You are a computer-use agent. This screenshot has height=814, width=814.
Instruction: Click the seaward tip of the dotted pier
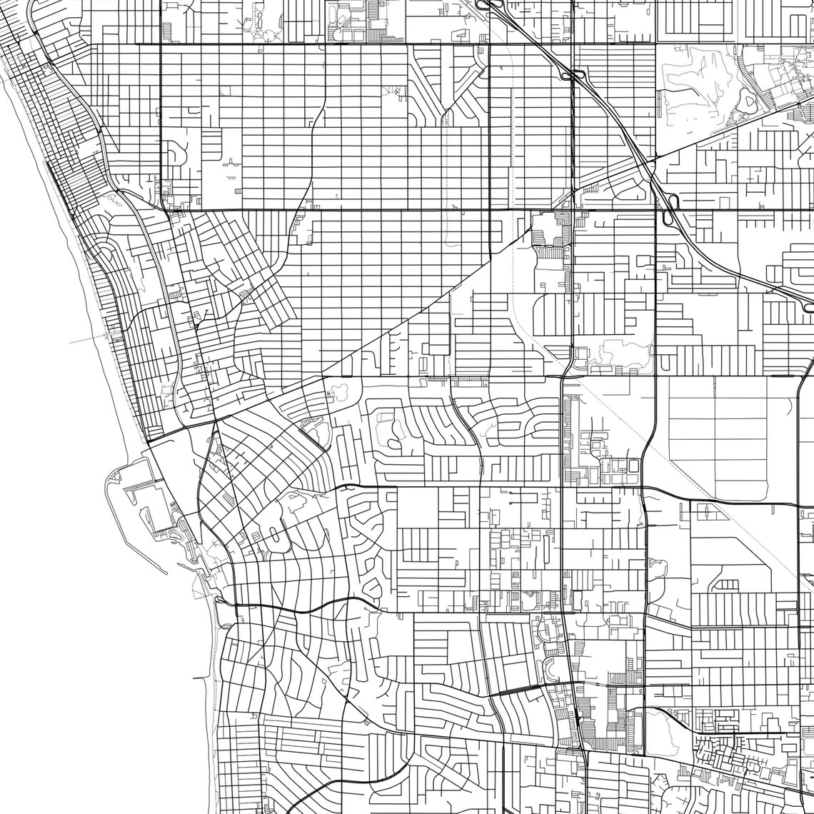(x=71, y=343)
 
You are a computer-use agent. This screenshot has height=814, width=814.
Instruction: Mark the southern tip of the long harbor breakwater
(x=166, y=573)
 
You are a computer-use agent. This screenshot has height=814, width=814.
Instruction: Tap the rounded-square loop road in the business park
(x=633, y=466)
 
